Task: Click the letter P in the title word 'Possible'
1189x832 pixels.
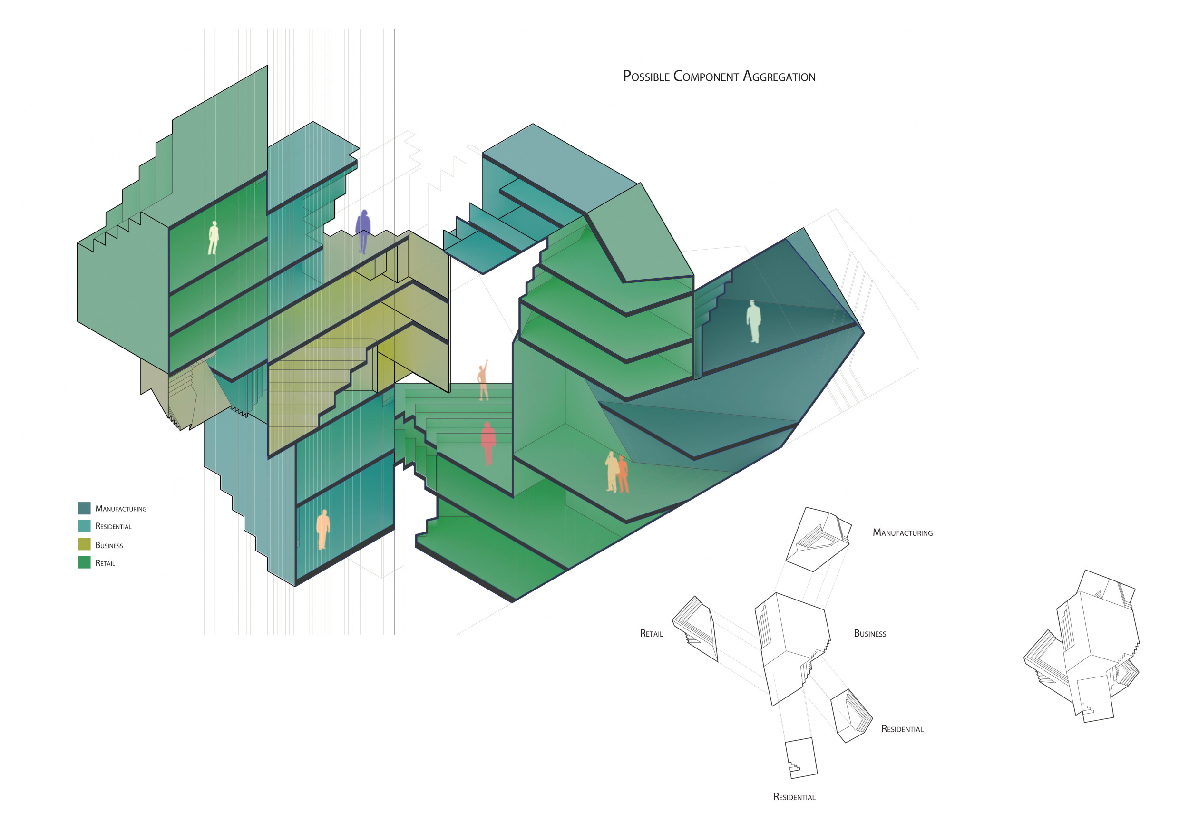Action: click(627, 76)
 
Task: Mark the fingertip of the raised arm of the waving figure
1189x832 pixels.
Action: click(487, 360)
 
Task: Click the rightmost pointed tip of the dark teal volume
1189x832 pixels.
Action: click(864, 332)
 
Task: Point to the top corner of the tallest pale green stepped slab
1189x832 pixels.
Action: click(267, 66)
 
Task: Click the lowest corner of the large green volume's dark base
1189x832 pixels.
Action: click(513, 602)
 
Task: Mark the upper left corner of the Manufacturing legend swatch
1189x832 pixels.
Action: click(78, 502)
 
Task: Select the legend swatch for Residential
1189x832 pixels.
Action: click(84, 526)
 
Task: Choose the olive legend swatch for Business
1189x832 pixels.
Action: click(84, 544)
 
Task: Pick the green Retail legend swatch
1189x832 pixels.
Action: click(84, 562)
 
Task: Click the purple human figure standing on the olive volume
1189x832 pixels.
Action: click(363, 232)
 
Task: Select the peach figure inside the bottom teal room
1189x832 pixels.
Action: click(323, 530)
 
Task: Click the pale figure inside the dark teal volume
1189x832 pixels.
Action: click(754, 321)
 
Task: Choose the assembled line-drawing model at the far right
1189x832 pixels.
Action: click(1082, 646)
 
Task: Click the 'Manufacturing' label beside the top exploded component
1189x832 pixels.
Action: click(903, 533)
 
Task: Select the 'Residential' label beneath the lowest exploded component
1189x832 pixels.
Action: click(794, 797)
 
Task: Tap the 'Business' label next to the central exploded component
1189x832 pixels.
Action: click(870, 634)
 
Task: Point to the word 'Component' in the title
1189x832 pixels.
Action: click(706, 77)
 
